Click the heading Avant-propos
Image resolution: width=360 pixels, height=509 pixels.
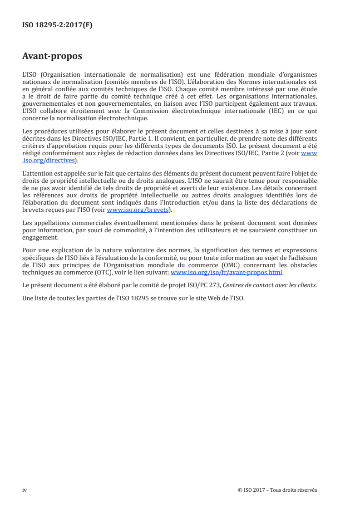coord(52,57)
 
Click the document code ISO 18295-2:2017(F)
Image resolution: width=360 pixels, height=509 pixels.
coord(57,25)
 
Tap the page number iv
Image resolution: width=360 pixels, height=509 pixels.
coord(25,490)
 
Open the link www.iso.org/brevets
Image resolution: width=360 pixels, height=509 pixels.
coord(136,210)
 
